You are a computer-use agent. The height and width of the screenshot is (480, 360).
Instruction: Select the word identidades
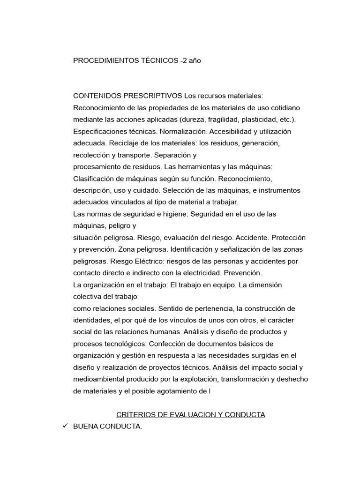tap(92, 320)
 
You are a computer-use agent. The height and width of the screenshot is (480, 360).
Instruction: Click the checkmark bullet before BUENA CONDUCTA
tap(66, 426)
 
